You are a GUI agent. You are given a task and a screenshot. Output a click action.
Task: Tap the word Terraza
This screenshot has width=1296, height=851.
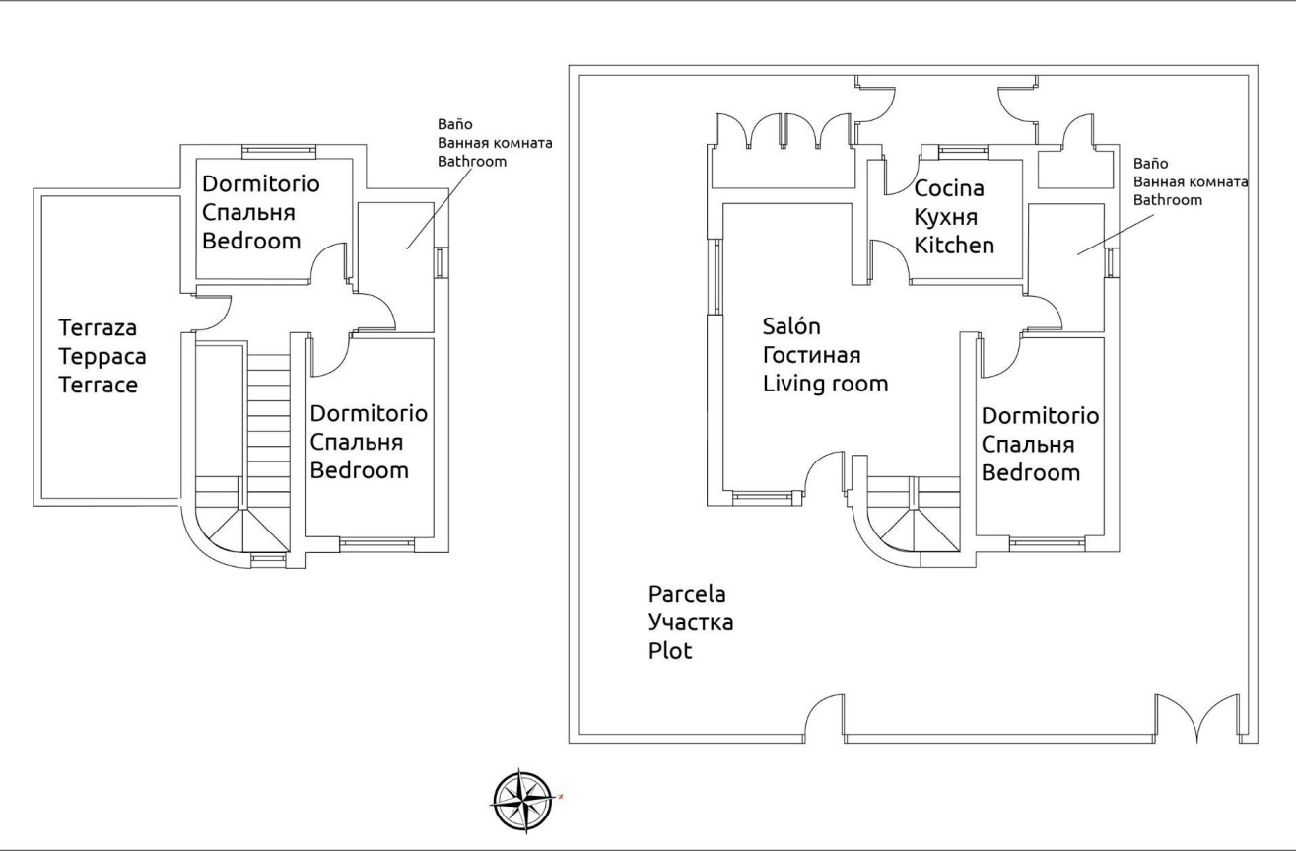(x=98, y=327)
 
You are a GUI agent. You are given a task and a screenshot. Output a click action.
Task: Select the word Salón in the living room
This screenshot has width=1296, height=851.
(x=792, y=326)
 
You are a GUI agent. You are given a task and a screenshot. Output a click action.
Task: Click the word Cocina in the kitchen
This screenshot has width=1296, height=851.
(x=949, y=188)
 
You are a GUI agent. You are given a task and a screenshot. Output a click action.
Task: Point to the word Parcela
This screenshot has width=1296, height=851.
(x=687, y=595)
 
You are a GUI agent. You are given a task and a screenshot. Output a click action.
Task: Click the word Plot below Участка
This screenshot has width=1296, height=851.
(x=670, y=652)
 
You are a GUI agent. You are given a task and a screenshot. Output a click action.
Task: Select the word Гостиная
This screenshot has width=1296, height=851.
(x=812, y=355)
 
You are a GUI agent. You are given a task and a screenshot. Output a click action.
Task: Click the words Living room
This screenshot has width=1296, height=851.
(x=825, y=384)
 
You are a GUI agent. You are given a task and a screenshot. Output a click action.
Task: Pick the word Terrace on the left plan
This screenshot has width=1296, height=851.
(x=98, y=385)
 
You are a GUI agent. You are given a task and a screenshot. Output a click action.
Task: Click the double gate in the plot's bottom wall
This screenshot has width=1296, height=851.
(x=1197, y=718)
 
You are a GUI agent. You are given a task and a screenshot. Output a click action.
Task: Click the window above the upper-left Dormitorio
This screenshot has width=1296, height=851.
(x=280, y=151)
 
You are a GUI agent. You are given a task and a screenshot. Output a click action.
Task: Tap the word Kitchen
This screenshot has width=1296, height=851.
(x=954, y=246)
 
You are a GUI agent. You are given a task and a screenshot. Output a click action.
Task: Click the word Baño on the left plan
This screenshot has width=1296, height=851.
(x=455, y=125)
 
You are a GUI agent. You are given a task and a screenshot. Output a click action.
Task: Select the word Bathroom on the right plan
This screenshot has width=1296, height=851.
(x=1168, y=200)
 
